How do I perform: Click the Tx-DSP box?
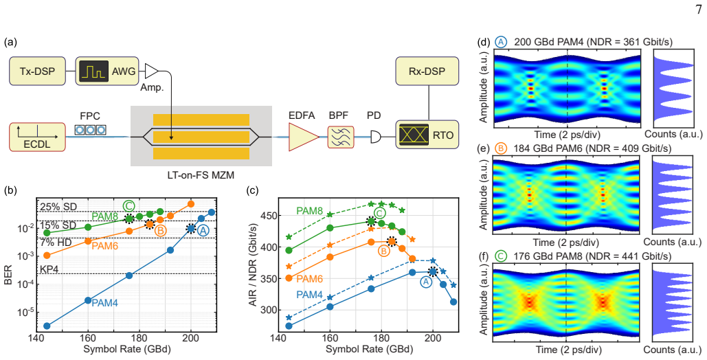pos(37,71)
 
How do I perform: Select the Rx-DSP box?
pos(427,71)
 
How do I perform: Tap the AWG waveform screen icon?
pos(93,71)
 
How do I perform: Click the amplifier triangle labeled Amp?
pos(151,71)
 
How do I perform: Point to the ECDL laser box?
pos(37,136)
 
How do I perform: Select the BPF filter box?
pos(340,136)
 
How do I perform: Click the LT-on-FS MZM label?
pos(201,175)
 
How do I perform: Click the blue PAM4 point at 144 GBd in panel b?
pos(47,326)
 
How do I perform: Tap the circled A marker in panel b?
pos(203,230)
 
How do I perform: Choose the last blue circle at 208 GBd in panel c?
pos(453,302)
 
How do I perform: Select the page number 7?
pos(699,10)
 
